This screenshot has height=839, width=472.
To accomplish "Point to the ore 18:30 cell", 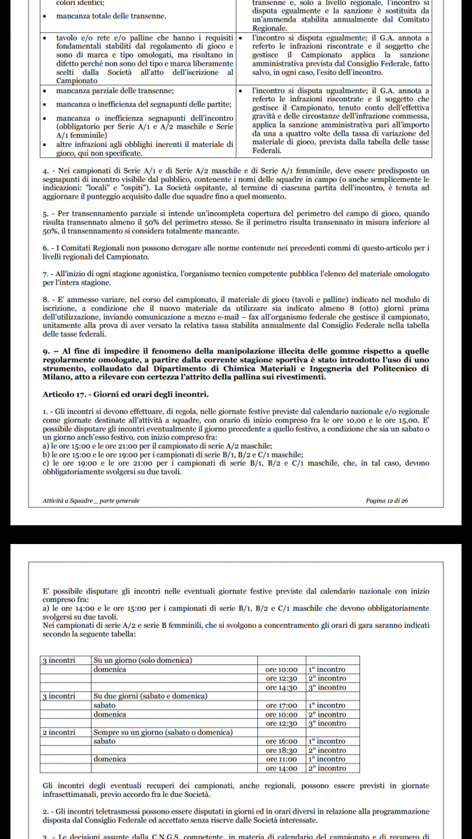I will (282, 750).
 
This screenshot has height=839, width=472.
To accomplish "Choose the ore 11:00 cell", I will (282, 759).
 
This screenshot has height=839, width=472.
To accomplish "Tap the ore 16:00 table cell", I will (282, 741).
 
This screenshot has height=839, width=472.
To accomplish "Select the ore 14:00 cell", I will (282, 768).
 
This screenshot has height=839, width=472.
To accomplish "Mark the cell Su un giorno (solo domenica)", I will (143, 660).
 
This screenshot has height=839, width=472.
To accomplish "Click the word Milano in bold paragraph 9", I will (58, 377).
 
